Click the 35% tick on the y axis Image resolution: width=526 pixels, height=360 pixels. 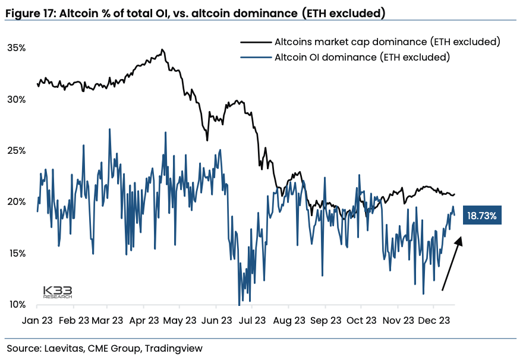click(15, 48)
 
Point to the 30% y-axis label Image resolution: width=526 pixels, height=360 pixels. click(15, 99)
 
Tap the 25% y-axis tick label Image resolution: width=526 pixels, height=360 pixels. click(15, 151)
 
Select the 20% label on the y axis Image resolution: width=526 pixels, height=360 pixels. click(15, 202)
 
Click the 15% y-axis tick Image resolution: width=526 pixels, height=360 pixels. click(15, 254)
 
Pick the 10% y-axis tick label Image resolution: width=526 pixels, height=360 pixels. click(15, 305)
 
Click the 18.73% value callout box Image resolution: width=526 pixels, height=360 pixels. click(482, 216)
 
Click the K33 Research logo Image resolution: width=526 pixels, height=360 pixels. click(58, 292)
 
